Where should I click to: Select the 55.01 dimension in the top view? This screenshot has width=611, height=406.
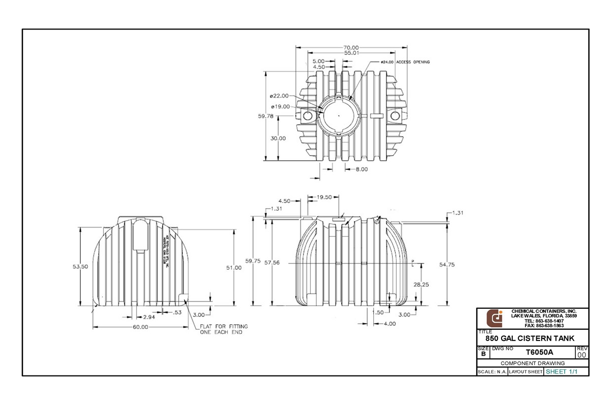[351, 53]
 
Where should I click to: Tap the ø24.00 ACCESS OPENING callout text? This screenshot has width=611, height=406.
[405, 62]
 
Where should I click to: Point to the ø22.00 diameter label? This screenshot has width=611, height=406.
[280, 96]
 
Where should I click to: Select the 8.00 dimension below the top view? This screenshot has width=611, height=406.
[361, 169]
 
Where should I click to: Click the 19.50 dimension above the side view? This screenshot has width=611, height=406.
[324, 197]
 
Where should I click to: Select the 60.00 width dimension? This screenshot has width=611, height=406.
[140, 327]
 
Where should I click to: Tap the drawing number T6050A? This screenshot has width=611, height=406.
[539, 352]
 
